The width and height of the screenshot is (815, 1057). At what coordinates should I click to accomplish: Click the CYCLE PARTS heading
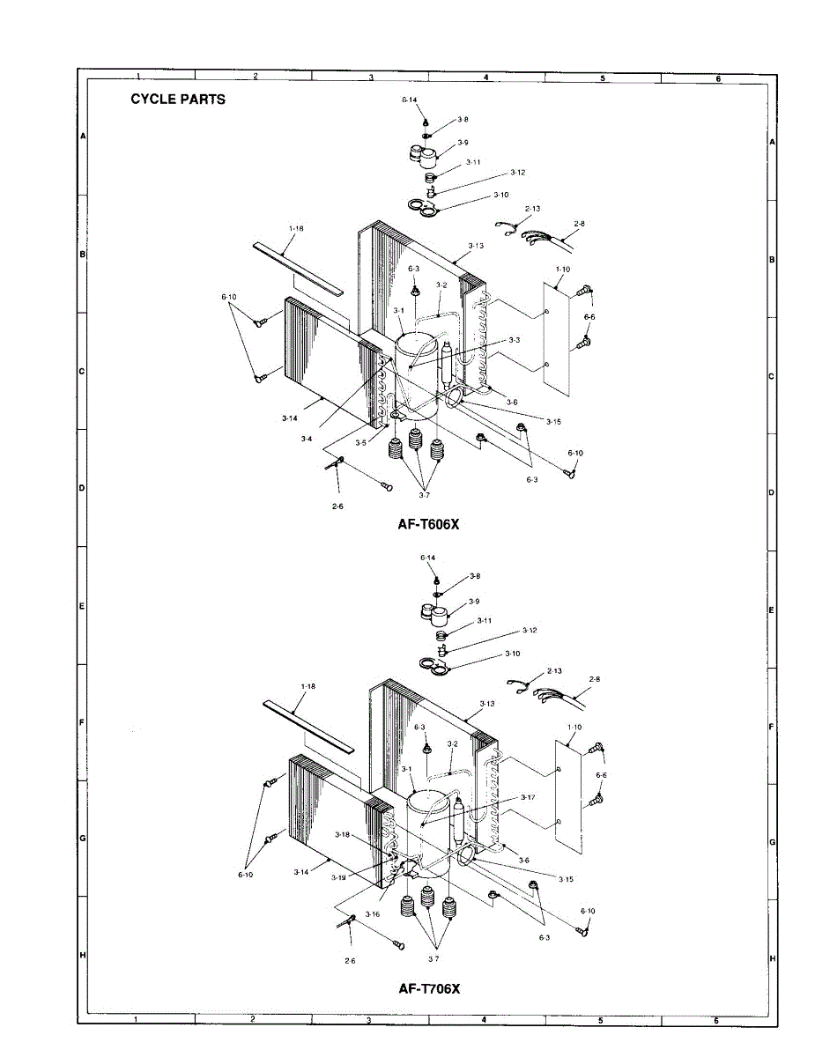[x=178, y=100]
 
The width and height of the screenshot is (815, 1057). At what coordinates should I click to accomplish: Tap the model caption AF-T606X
[x=429, y=522]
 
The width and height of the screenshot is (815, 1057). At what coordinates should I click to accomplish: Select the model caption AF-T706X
[x=429, y=988]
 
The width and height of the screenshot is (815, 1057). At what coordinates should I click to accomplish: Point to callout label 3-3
[x=514, y=339]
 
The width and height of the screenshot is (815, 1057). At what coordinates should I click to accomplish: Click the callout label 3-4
[x=306, y=438]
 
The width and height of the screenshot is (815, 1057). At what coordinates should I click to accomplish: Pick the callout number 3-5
[x=360, y=443]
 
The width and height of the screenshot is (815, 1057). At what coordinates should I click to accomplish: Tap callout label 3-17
[x=528, y=797]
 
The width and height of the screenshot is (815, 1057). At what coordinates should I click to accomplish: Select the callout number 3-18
[x=343, y=834]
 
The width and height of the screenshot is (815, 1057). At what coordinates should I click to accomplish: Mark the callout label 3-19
[x=338, y=877]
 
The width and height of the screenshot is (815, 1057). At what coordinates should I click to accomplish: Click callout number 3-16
[x=372, y=914]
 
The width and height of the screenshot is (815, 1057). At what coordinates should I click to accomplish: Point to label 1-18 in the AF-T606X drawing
[x=296, y=227]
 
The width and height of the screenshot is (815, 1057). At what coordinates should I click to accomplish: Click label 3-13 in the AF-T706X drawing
[x=486, y=704]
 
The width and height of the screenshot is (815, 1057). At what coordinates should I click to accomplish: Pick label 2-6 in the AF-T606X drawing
[x=337, y=506]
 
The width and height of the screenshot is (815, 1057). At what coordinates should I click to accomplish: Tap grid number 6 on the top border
[x=718, y=78]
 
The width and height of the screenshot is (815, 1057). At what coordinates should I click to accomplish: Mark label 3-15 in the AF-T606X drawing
[x=553, y=422]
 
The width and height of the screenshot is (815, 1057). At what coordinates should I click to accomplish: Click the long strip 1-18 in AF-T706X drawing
[x=308, y=727]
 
